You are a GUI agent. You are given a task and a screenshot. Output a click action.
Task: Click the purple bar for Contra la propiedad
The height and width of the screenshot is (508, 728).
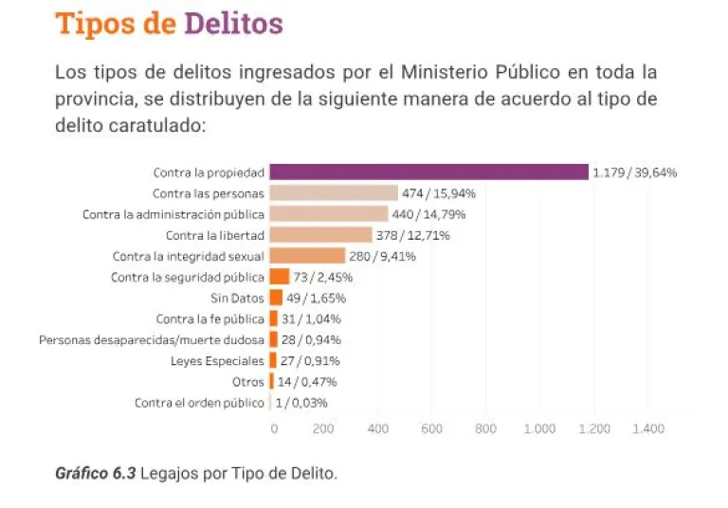[x=428, y=172]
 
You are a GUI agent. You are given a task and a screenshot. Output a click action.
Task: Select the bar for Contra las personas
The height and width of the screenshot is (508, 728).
[x=334, y=193]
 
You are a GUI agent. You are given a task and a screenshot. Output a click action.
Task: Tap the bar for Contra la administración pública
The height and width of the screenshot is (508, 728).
[x=329, y=214]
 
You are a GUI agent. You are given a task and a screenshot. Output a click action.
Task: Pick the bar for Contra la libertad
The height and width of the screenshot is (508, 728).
[x=320, y=235]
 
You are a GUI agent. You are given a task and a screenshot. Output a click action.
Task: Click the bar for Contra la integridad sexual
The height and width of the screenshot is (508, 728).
[x=307, y=256]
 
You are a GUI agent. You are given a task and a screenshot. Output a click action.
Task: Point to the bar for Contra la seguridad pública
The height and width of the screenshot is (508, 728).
[x=280, y=277]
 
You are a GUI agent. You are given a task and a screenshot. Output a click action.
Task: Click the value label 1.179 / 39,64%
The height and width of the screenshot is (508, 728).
[x=634, y=172]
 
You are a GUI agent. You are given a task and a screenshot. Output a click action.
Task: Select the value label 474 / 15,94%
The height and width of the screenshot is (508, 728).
[x=439, y=193]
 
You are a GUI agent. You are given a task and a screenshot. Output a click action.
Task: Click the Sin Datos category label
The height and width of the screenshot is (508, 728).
[x=237, y=298]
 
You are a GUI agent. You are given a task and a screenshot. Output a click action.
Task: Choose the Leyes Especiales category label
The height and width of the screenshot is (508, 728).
[x=217, y=361]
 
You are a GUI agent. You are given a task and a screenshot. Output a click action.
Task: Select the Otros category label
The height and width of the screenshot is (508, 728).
[x=248, y=382]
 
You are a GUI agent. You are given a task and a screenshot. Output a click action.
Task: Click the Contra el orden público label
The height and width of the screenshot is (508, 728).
[x=199, y=403]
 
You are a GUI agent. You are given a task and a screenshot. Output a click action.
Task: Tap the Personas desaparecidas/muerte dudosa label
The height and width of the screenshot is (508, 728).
[x=152, y=340]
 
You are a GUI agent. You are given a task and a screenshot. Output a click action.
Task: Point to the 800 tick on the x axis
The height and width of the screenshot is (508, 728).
[x=485, y=429]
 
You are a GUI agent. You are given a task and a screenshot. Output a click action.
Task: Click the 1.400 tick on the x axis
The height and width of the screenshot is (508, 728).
[x=648, y=429]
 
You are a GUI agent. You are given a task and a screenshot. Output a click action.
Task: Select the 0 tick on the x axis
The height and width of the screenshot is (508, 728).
[x=274, y=429]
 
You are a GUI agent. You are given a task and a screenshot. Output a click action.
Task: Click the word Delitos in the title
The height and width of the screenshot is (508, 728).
[x=233, y=23]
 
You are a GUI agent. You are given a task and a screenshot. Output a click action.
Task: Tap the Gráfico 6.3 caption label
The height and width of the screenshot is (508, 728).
[x=96, y=473]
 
